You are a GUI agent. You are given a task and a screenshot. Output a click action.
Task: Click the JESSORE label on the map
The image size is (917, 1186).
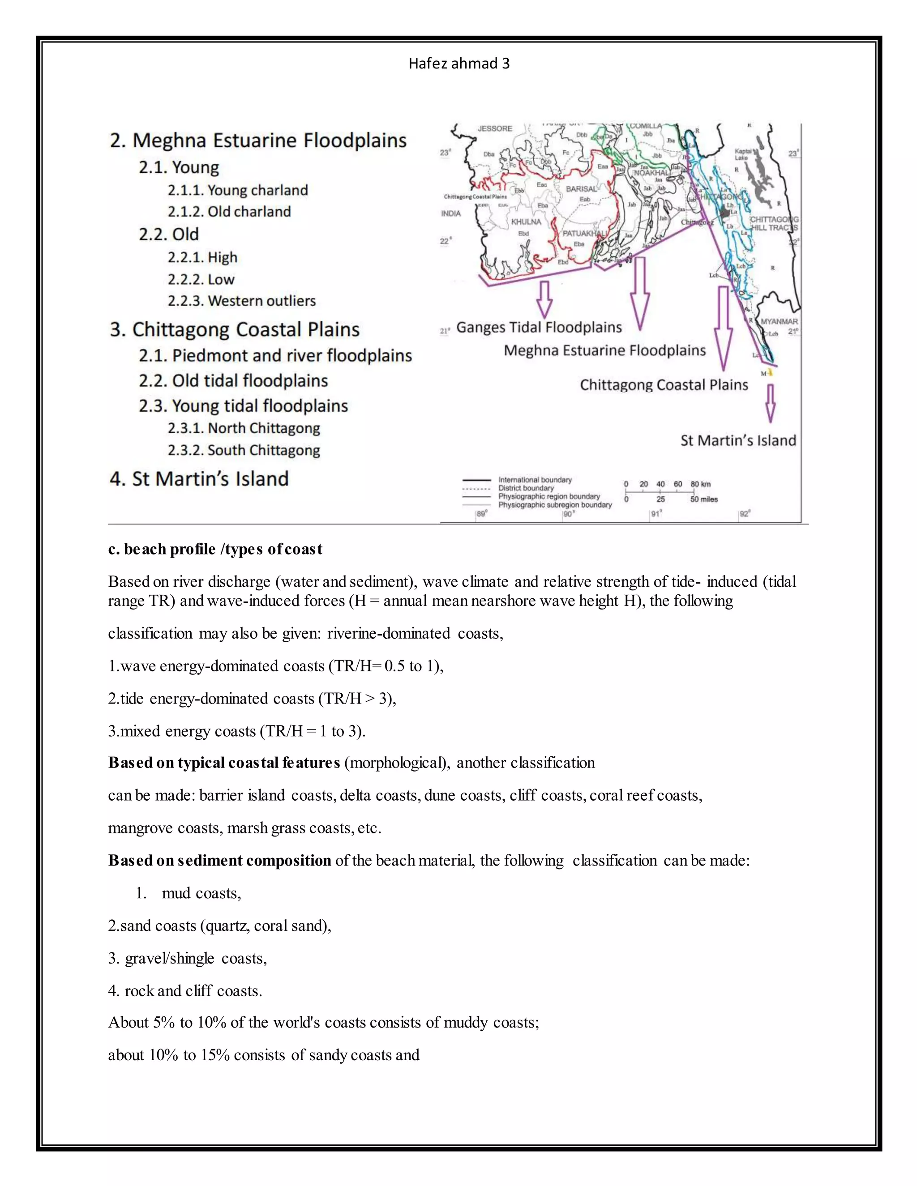(494, 129)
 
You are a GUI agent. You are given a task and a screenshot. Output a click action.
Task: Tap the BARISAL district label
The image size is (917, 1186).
(581, 189)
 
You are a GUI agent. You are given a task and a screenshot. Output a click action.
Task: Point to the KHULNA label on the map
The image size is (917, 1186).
(525, 222)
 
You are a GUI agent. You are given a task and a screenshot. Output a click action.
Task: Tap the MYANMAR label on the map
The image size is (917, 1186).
(779, 321)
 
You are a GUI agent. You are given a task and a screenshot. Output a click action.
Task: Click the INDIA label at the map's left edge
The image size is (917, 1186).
(450, 213)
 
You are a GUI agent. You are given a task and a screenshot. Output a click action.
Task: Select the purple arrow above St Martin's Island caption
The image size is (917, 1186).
(770, 403)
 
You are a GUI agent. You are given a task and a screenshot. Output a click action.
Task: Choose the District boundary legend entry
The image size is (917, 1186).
(525, 488)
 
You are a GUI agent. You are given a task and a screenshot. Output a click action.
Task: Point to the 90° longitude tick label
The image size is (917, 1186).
(568, 514)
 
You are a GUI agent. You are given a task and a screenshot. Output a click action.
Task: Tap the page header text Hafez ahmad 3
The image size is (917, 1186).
(458, 64)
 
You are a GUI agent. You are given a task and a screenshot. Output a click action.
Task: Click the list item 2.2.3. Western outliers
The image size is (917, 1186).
(241, 301)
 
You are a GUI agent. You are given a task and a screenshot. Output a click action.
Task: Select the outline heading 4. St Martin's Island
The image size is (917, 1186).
(199, 479)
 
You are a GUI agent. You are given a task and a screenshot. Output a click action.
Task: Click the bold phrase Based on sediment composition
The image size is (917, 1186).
(219, 860)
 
